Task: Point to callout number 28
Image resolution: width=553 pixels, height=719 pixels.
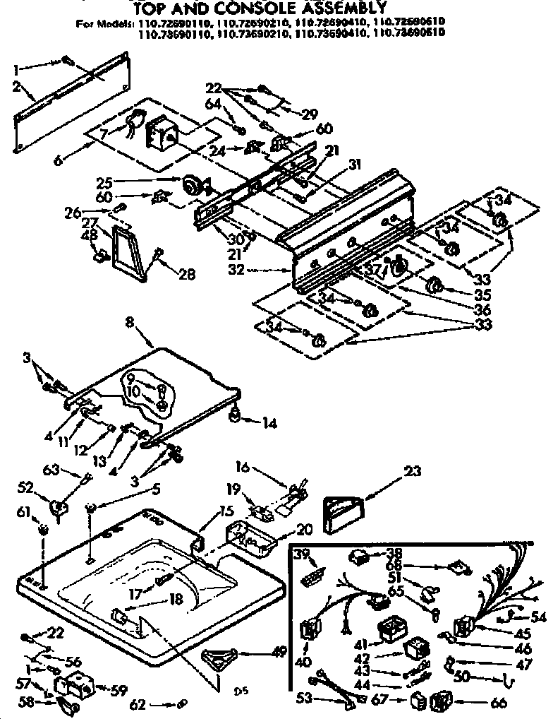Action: point(186,274)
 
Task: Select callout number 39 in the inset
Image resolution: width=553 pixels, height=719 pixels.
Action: point(303,552)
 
